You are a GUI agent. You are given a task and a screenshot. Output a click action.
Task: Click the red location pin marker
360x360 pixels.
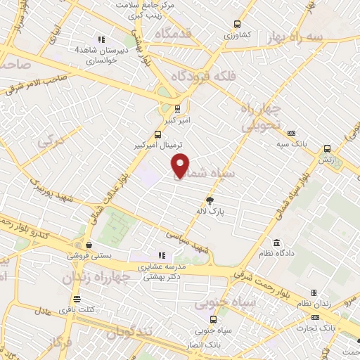[x=181, y=165]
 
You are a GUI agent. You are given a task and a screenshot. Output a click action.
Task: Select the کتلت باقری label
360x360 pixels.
[x=77, y=309]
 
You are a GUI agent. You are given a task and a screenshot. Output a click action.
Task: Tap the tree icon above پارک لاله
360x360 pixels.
[x=210, y=200]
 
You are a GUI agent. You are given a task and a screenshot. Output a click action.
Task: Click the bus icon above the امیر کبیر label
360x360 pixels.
[x=177, y=109]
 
